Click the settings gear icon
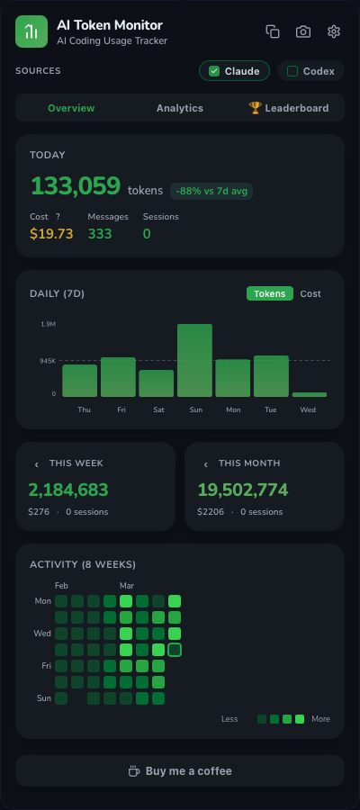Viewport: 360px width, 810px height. (334, 31)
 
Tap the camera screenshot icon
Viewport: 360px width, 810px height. (303, 31)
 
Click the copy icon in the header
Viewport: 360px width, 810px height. (273, 31)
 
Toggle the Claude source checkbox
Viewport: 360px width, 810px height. (214, 71)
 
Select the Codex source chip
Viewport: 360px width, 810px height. (310, 71)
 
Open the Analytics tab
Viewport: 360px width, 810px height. (180, 108)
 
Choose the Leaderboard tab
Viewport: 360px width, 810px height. (288, 108)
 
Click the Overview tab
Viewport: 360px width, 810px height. (71, 108)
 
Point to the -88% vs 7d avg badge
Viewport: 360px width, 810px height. (211, 191)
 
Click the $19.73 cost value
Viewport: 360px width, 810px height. (51, 234)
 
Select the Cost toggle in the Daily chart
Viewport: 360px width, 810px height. (310, 293)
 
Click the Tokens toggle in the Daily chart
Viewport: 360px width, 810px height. (269, 293)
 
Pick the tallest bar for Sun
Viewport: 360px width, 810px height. (194, 360)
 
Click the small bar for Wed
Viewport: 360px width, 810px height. (309, 394)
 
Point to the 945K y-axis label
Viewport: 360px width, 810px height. (48, 361)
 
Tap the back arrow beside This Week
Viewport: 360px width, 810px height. (37, 464)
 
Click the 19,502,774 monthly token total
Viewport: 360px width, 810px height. (243, 490)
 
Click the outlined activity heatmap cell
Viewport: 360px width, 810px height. (175, 650)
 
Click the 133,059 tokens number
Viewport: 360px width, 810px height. (76, 186)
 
